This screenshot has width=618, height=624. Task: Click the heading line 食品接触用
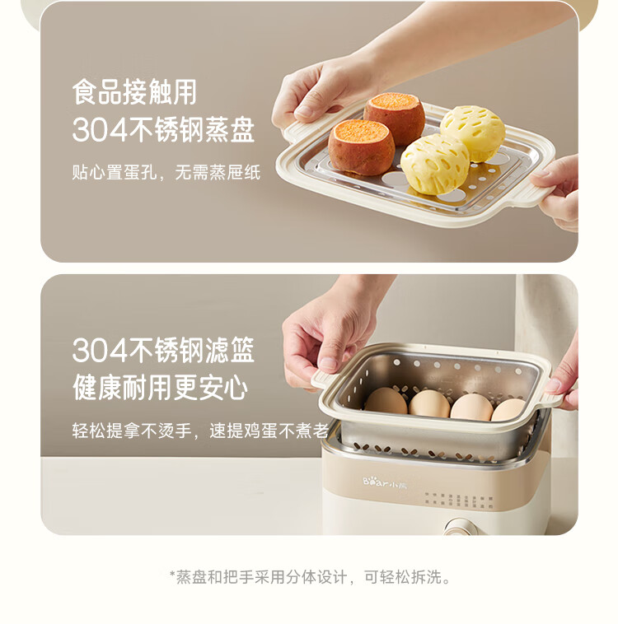(x=134, y=92)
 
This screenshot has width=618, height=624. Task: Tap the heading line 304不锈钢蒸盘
(x=163, y=130)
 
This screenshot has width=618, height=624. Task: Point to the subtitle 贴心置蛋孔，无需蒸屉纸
(x=166, y=173)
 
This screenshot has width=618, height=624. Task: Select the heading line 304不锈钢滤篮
(x=163, y=350)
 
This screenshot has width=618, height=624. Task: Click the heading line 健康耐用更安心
(x=160, y=388)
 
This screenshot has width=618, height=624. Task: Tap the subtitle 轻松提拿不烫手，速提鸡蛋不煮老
(x=200, y=431)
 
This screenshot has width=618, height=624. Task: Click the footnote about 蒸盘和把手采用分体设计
(x=310, y=576)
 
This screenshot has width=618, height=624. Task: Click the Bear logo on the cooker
(x=385, y=482)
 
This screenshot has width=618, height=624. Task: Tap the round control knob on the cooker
(x=459, y=527)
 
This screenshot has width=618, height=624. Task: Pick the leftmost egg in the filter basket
(x=386, y=401)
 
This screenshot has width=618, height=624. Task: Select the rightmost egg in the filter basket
(x=509, y=409)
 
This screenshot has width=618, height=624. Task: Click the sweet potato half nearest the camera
(x=362, y=147)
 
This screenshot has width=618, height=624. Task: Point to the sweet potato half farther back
(x=394, y=117)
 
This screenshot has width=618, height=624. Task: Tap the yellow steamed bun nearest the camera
(x=435, y=164)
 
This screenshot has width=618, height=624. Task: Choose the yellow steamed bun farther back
(x=473, y=132)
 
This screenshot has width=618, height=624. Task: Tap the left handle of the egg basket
(x=324, y=380)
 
